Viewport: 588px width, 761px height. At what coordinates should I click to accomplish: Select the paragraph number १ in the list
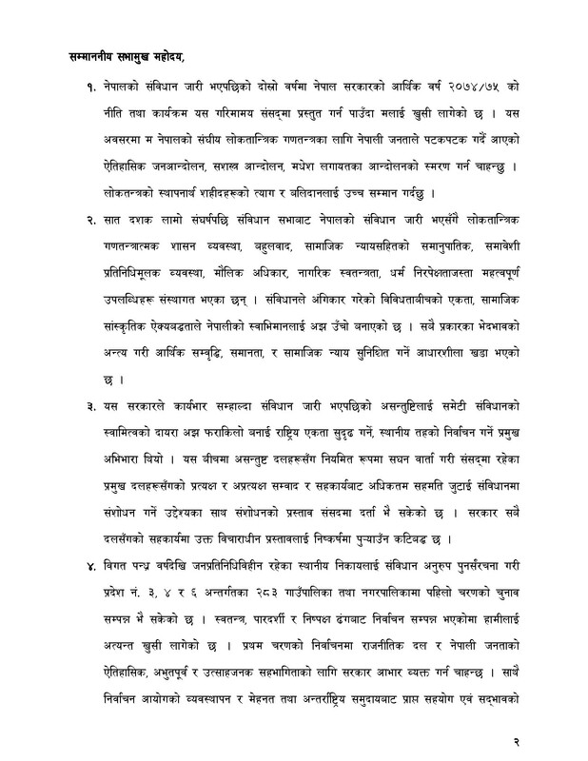point(88,86)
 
